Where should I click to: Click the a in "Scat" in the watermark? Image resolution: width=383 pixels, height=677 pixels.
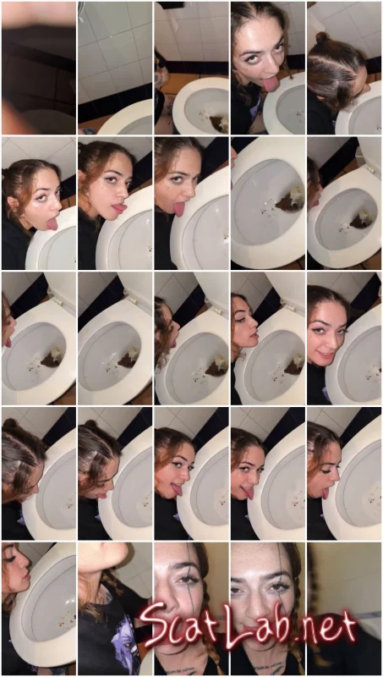click(200, 629)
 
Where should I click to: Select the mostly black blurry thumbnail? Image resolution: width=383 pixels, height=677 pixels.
click(39, 68)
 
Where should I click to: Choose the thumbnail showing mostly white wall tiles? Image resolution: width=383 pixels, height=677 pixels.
click(115, 68)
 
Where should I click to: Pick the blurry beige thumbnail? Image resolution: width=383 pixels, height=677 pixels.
click(344, 608)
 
